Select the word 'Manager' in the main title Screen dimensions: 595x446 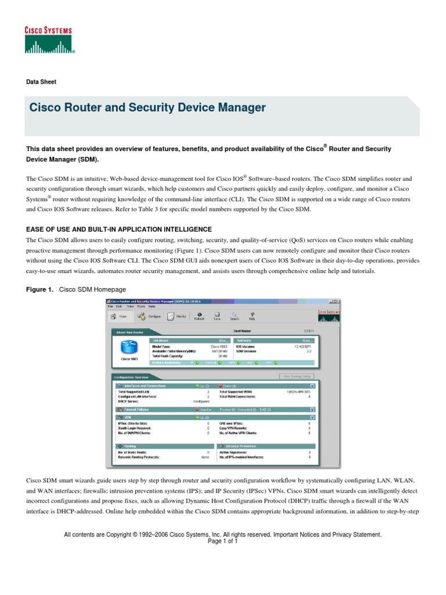(x=238, y=107)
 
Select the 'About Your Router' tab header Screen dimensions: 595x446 (x=129, y=332)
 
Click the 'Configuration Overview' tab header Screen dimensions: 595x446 (x=134, y=377)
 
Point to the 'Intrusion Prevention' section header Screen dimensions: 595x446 (x=241, y=446)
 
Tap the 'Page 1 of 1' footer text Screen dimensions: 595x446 (x=222, y=540)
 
